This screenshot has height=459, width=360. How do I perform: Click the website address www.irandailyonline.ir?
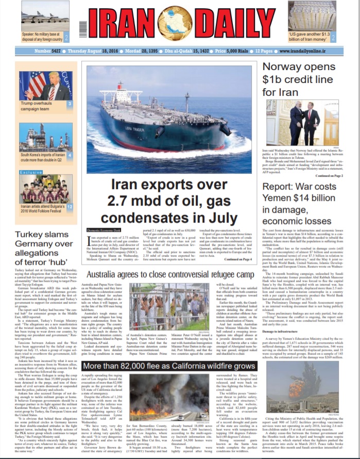[311, 52]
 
